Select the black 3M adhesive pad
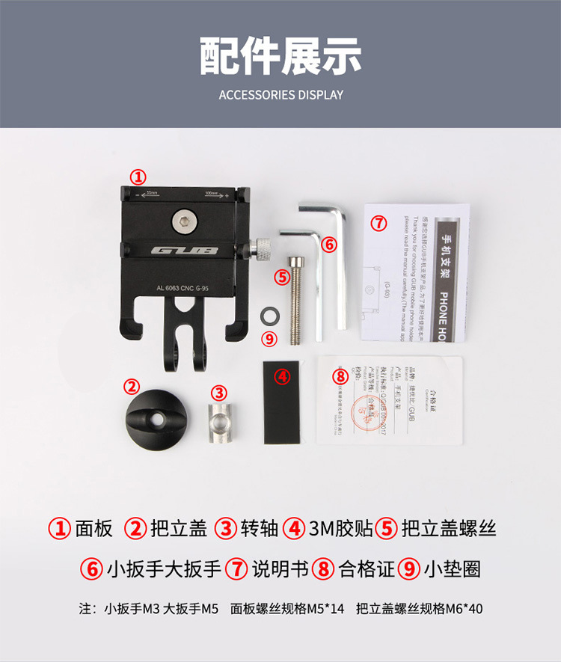[x=283, y=402]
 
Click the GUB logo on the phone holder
[x=185, y=250]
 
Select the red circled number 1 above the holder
[x=138, y=177]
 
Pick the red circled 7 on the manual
[x=379, y=223]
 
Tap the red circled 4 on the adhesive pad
[x=282, y=377]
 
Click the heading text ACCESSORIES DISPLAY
[x=280, y=95]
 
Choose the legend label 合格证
[x=366, y=568]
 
